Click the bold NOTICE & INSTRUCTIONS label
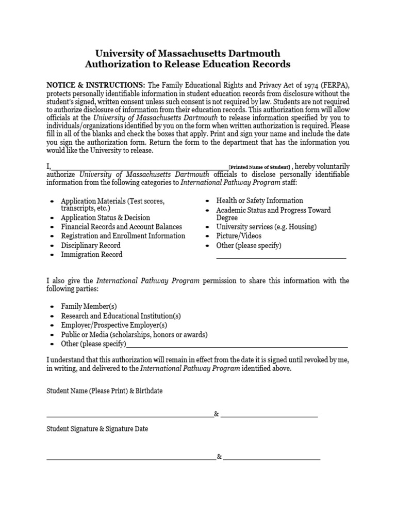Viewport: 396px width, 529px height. [96, 85]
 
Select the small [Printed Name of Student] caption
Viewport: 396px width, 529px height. [260, 167]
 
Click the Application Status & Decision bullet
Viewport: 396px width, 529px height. [105, 217]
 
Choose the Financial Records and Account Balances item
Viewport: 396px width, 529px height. [121, 227]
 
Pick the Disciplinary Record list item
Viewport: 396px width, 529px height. [90, 245]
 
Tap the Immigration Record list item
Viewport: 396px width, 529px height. [91, 255]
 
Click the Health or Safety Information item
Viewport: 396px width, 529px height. [259, 200]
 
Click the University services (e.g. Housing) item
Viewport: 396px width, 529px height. [266, 227]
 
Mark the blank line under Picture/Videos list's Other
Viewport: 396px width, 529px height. [281, 256]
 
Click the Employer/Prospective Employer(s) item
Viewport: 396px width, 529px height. [114, 325]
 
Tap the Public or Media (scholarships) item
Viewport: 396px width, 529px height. [134, 334]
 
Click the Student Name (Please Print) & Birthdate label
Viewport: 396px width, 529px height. [105, 391]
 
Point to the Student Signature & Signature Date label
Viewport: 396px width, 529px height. [97, 429]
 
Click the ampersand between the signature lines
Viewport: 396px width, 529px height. [220, 457]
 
